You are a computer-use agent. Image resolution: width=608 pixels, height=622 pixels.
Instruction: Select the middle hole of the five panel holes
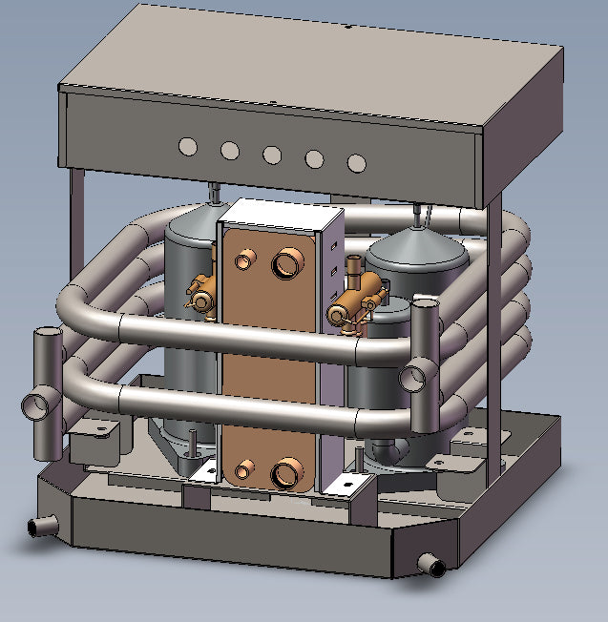(272, 155)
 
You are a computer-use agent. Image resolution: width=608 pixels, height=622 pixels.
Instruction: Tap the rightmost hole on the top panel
(356, 163)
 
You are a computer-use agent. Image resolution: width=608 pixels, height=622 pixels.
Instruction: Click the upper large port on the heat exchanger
(286, 264)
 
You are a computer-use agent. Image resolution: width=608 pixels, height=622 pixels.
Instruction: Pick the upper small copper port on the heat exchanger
(246, 258)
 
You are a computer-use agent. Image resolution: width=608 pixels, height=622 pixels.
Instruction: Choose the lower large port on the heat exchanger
(285, 474)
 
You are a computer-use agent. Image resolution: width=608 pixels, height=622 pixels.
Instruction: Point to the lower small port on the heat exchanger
(245, 467)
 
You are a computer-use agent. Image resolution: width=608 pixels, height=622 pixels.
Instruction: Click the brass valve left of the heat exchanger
(202, 294)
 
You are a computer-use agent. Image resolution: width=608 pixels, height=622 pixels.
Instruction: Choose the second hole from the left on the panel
(230, 150)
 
